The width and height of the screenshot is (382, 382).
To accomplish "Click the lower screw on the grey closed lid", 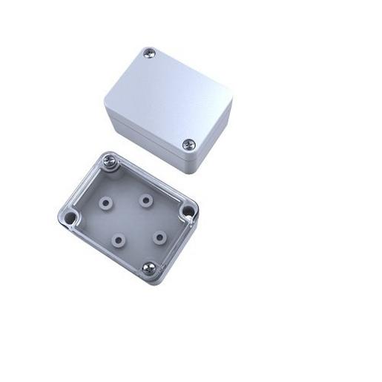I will (x=188, y=145).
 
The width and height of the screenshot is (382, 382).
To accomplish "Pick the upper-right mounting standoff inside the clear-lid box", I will (x=144, y=200).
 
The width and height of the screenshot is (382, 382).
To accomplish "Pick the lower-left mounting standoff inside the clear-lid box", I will (x=118, y=238).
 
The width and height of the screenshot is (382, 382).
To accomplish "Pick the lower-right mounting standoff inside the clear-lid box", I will (x=158, y=237).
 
